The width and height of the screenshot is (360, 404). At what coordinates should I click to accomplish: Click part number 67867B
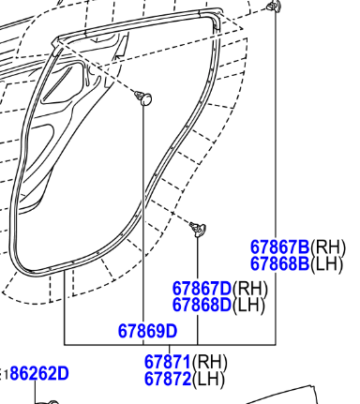[x=279, y=247]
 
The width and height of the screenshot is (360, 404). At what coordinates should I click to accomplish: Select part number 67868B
[x=279, y=263]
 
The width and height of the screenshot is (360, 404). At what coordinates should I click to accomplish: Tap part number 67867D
[x=202, y=289]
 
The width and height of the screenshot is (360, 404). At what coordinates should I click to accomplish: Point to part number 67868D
[x=202, y=305]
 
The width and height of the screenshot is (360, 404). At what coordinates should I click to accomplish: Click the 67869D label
[x=147, y=331]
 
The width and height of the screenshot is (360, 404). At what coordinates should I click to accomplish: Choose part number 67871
[x=168, y=362]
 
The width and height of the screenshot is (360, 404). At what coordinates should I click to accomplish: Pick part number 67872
[x=168, y=379]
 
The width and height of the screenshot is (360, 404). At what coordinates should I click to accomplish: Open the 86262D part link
[x=39, y=373]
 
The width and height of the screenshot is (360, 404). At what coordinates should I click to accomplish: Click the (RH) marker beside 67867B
[x=328, y=247]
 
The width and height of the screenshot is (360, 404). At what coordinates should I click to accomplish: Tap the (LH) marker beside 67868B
[x=326, y=264]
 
